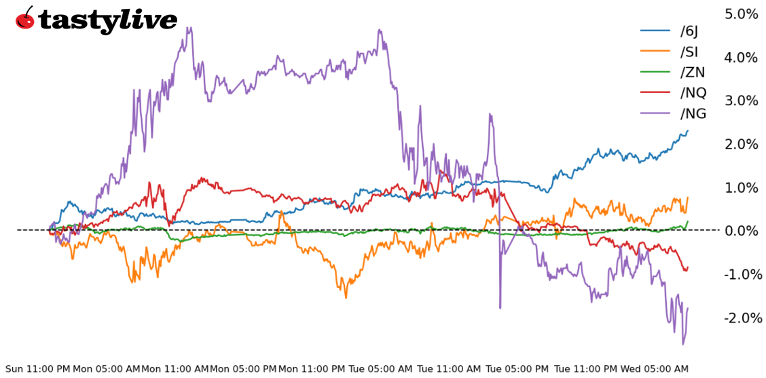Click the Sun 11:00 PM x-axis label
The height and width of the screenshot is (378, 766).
38,369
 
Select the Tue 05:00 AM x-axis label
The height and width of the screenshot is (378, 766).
380,369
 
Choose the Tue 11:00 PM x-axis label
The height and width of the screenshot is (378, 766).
586,369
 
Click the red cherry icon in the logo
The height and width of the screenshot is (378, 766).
25,18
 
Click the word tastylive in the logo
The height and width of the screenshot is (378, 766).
107,20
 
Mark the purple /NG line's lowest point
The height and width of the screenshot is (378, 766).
683,344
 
